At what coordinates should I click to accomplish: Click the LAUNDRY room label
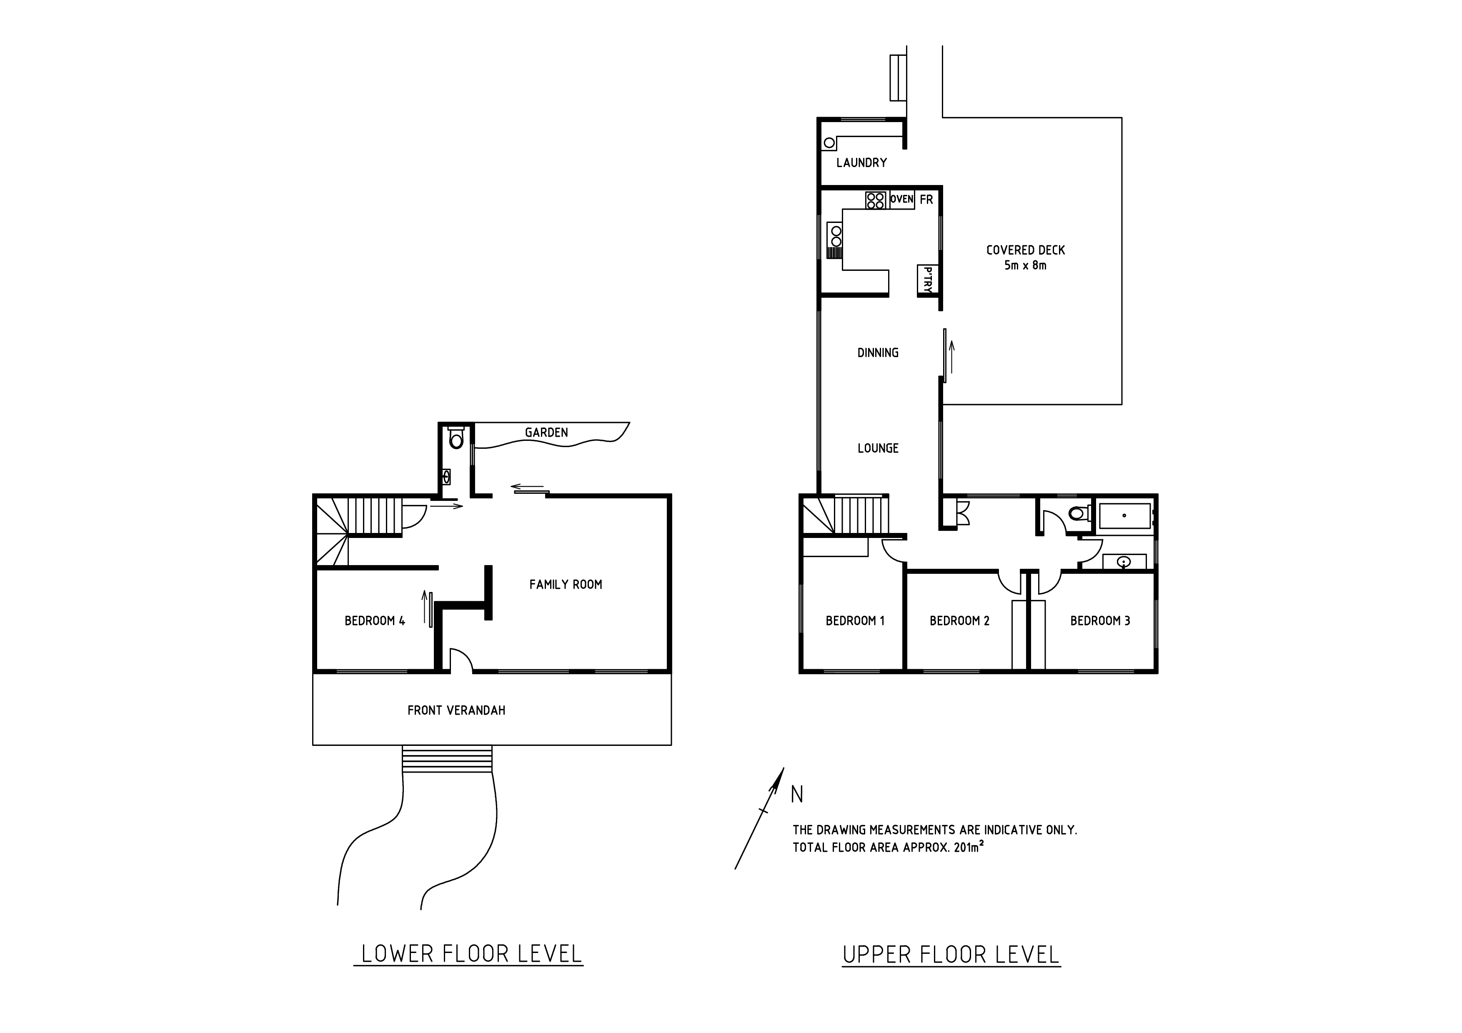(x=861, y=163)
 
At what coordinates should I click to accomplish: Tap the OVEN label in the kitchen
(x=901, y=199)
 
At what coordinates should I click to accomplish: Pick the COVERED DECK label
(x=1025, y=250)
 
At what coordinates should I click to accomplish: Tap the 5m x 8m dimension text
(x=1025, y=265)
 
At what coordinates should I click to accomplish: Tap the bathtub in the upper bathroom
(x=1124, y=515)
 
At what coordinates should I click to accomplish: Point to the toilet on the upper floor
(x=1079, y=513)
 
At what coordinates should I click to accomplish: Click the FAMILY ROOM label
(x=566, y=584)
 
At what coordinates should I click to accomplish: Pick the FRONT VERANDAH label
(x=456, y=710)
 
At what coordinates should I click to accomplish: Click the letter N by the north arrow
(x=796, y=794)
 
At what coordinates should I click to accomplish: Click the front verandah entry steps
(x=447, y=759)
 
